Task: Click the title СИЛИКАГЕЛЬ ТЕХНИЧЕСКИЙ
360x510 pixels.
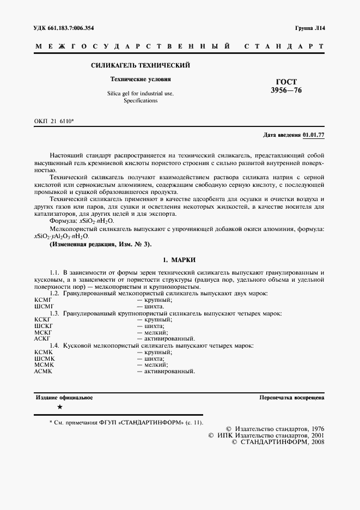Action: tap(140, 65)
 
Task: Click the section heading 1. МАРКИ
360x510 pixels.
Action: tap(179, 259)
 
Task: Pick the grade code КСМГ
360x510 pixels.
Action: tap(43, 300)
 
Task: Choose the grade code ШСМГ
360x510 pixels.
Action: tap(44, 307)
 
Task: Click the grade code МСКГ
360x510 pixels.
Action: tap(43, 332)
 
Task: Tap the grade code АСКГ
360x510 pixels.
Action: tap(43, 339)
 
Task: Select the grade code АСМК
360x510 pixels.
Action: tap(43, 371)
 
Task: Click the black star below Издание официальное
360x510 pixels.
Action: tap(59, 408)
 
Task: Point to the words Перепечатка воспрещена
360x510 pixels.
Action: tap(292, 398)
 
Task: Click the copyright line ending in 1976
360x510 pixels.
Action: tap(274, 429)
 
